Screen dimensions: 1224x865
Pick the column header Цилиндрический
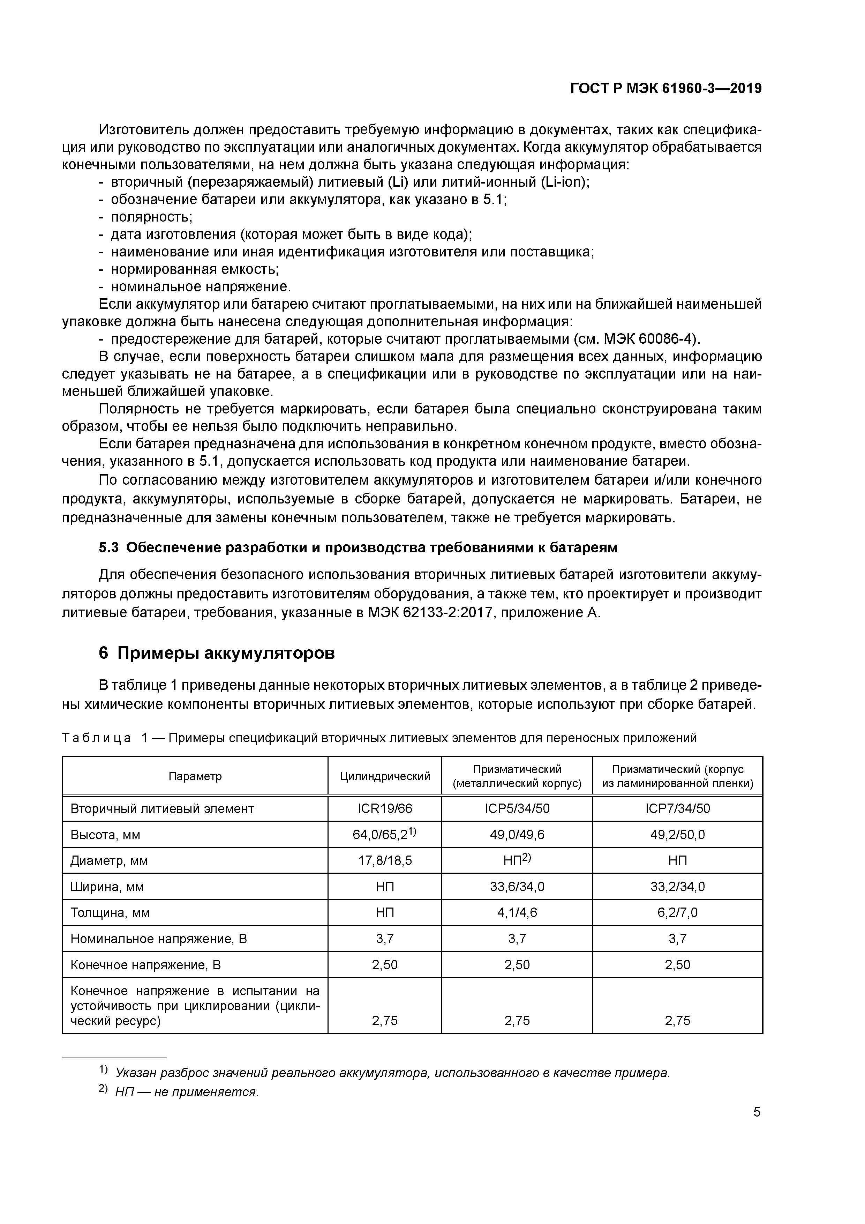tap(385, 776)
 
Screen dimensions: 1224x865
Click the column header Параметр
tap(195, 776)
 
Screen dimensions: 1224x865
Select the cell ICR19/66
tap(385, 809)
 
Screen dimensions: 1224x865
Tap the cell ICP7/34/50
tap(677, 809)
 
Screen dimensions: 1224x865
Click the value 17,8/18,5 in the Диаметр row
tap(385, 861)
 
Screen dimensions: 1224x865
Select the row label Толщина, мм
tap(110, 913)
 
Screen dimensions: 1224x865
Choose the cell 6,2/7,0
tap(677, 913)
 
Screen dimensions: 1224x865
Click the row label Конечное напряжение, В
tap(145, 965)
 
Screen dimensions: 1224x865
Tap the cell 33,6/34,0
tap(517, 887)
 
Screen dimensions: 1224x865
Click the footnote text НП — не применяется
tap(187, 1092)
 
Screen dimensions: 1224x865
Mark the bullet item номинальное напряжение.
tap(201, 287)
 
